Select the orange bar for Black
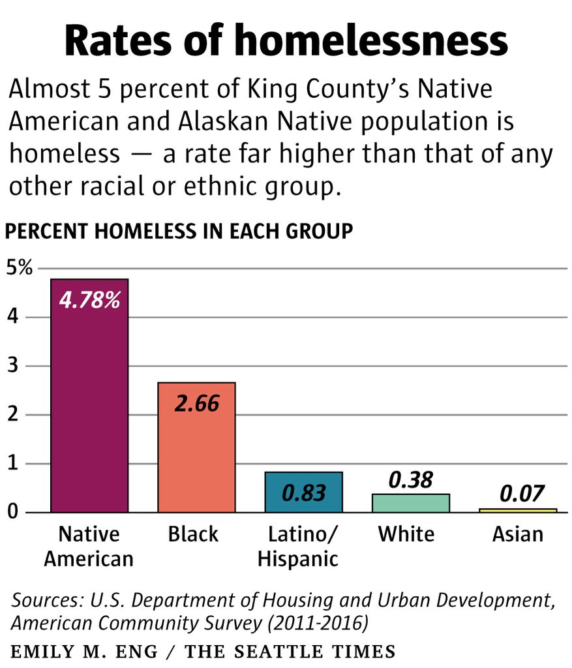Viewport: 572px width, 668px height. click(x=196, y=457)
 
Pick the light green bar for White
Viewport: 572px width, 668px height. click(x=411, y=503)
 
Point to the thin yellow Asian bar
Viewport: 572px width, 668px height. click(x=518, y=510)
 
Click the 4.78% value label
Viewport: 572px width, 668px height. click(x=89, y=301)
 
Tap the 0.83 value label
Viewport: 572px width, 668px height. click(x=303, y=493)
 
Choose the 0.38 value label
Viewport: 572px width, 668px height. click(x=411, y=480)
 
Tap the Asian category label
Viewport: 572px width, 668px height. click(x=518, y=534)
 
